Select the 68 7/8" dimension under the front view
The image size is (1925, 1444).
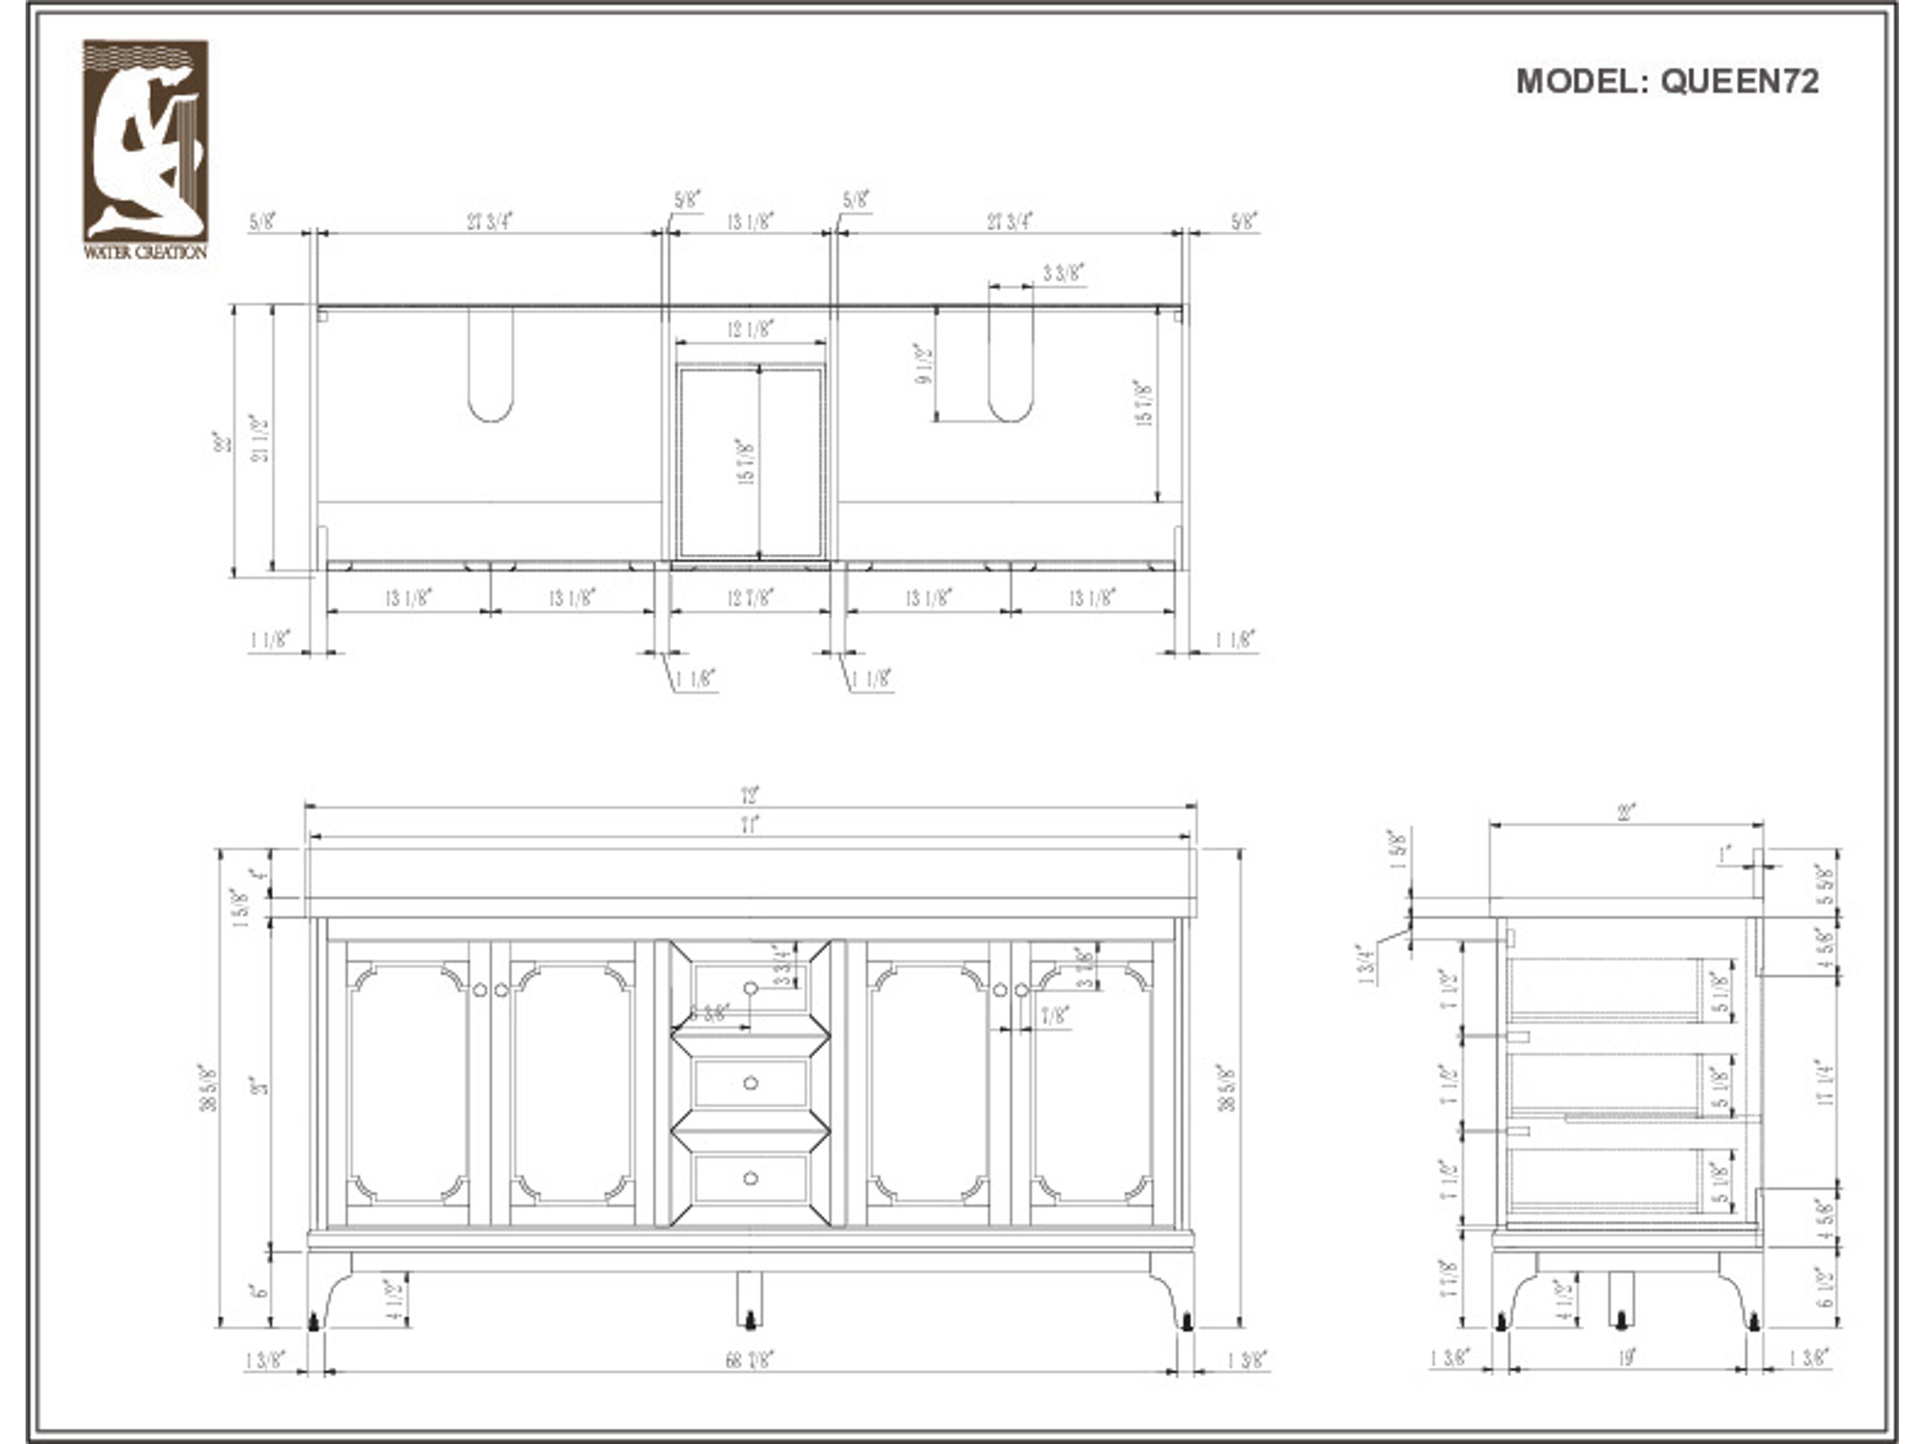(749, 1360)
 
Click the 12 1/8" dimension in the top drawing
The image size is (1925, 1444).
(750, 329)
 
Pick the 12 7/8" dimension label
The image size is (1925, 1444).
(750, 598)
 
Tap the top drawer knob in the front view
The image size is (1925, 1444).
(750, 988)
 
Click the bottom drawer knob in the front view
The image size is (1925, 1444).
(750, 1178)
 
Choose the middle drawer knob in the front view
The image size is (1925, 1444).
(750, 1083)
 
